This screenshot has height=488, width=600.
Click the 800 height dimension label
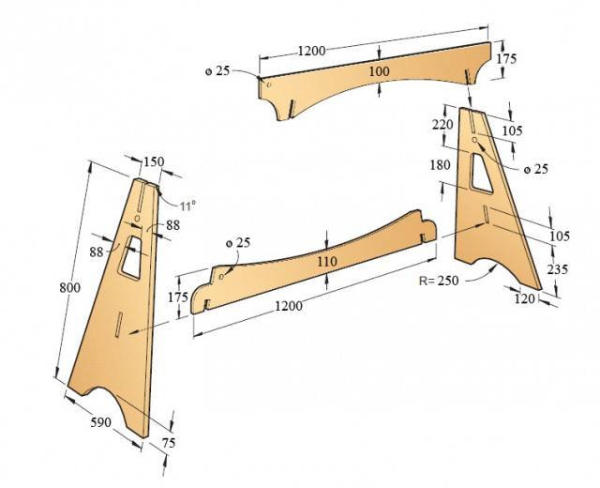click(70, 287)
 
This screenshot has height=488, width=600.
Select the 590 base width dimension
click(101, 422)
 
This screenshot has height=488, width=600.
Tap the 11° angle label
click(187, 206)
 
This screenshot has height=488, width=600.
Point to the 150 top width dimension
click(154, 161)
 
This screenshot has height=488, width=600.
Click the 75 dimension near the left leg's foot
click(169, 443)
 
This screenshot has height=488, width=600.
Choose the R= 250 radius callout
click(439, 281)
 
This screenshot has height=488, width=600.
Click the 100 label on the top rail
click(379, 71)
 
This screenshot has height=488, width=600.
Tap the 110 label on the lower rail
click(327, 262)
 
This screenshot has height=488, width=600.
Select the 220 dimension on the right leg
click(442, 125)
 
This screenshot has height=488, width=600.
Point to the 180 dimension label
click(441, 165)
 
